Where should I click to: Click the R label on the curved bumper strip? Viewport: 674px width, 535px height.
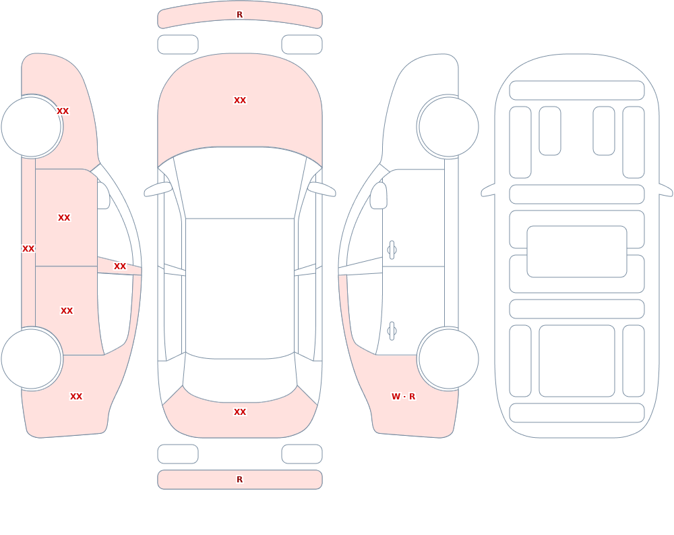[239, 15]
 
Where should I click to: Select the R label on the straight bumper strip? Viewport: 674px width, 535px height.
[239, 480]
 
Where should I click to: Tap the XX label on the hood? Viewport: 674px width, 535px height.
[240, 101]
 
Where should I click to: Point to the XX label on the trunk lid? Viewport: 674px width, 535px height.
[240, 412]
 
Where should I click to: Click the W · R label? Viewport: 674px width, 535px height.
[403, 397]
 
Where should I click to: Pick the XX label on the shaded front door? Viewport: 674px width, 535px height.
[64, 218]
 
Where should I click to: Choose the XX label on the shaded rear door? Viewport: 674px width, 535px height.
[67, 311]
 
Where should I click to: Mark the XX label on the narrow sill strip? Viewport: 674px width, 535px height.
[28, 249]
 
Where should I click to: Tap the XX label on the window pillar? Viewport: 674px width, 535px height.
[120, 266]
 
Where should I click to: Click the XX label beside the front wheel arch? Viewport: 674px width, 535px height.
[63, 111]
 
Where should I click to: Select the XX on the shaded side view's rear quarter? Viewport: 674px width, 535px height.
[76, 397]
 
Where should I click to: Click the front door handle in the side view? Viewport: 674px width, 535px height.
[392, 250]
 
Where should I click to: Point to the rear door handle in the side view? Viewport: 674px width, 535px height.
[392, 331]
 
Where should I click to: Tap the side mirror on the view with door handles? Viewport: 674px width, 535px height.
[379, 196]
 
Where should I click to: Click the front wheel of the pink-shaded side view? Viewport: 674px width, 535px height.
[32, 127]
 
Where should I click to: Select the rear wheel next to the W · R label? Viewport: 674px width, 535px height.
[448, 359]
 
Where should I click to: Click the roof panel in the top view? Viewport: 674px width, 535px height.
[240, 288]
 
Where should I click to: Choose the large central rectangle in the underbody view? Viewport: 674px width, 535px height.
[577, 252]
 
